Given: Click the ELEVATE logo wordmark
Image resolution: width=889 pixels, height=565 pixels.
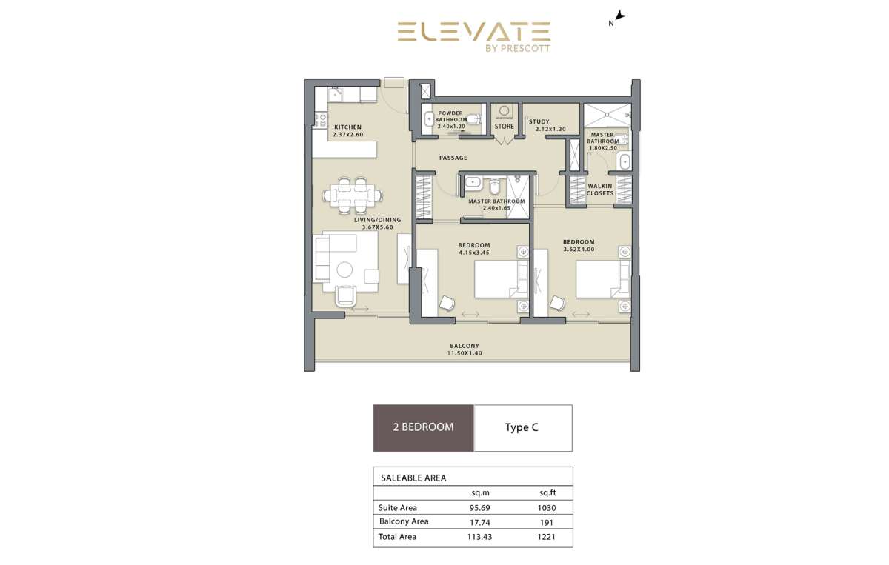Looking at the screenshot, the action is point(474,32).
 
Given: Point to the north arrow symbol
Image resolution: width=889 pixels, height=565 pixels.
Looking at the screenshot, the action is point(620,16).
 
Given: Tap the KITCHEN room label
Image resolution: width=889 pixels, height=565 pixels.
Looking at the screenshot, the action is point(347,127).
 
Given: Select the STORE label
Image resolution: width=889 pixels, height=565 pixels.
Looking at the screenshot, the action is point(504,126).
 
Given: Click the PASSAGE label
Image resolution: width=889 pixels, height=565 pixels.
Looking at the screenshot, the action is point(453,158).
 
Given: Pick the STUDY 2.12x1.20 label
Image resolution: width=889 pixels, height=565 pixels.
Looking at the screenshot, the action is point(547,125).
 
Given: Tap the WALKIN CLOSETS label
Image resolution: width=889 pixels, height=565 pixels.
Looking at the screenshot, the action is point(600,190).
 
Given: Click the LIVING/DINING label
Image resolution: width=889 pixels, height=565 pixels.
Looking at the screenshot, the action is point(377,220).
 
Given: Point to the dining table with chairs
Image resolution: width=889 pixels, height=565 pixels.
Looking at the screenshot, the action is point(353,196).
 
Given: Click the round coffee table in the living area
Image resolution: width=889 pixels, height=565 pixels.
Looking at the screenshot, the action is point(344,270).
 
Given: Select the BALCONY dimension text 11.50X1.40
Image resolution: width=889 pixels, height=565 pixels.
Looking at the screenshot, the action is point(465,353).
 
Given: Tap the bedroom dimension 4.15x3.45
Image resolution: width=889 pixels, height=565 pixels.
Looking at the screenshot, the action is point(474,253).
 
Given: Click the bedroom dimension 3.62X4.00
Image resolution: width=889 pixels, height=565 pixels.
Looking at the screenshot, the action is point(579,249).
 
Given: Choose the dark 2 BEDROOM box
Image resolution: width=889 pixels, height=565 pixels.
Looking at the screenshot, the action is point(424,428).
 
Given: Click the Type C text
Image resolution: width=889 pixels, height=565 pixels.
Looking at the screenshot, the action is point(522,427).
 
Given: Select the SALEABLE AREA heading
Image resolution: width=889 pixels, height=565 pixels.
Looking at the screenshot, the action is point(413,478).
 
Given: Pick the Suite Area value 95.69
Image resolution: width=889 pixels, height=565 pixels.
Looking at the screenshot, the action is point(480,508).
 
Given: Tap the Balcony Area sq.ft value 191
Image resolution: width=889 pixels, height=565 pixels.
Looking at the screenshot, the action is point(547,523).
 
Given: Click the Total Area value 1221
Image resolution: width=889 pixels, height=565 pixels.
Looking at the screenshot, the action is point(547,537).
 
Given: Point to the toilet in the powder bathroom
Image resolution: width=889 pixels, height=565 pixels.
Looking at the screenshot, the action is point(474,118).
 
